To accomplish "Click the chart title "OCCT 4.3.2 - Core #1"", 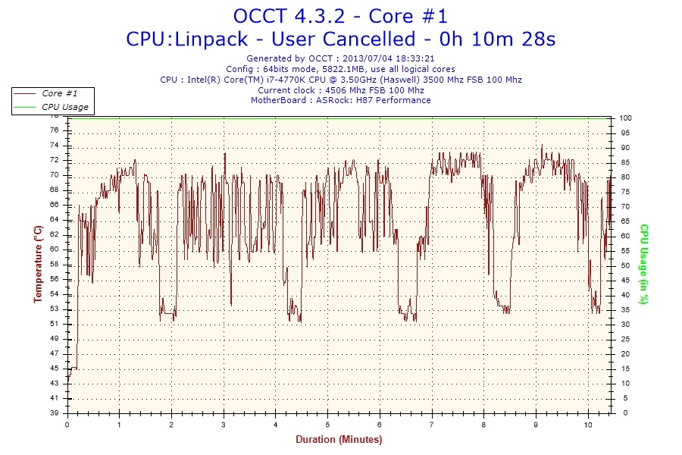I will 340,16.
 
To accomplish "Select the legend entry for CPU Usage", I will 64,107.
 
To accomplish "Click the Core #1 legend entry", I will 59,93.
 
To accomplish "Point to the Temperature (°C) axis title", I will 37,264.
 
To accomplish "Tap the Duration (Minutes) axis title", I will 339,439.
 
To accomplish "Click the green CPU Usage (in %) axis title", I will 644,264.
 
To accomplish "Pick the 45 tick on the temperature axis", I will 54,369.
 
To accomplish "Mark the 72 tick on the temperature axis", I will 54,160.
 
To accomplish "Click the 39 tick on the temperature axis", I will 54,413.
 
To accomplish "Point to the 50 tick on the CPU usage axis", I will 624,265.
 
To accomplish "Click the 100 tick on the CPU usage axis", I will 626,118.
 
